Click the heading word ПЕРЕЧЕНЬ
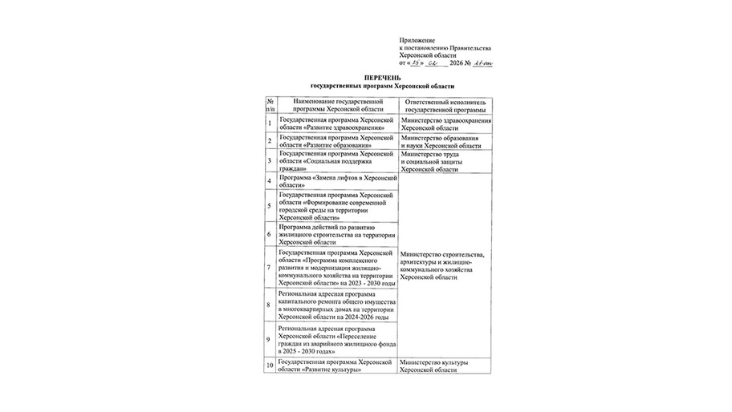tap(381, 76)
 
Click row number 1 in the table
tap(270, 124)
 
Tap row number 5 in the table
tap(270, 206)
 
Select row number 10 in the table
tap(270, 366)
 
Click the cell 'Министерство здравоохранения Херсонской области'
tap(446, 124)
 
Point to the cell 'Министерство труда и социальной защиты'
tap(446, 160)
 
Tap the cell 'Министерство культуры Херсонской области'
tap(446, 366)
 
